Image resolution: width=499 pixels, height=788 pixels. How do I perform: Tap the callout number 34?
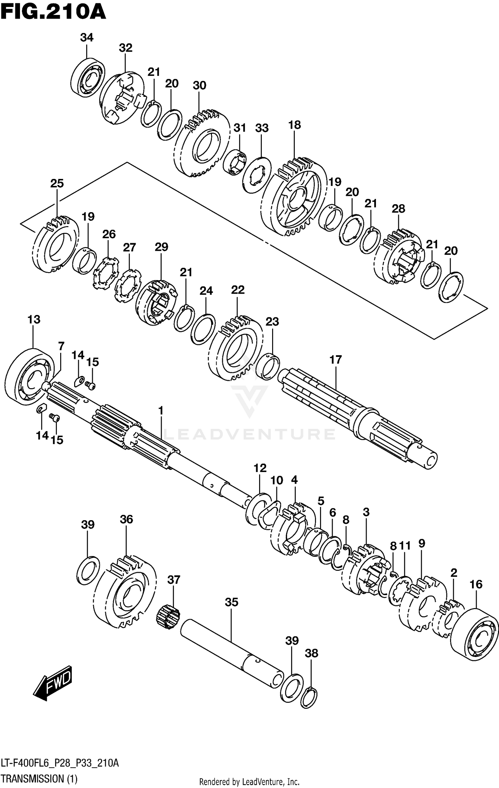click(x=86, y=38)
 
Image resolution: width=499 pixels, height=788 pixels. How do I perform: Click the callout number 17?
click(x=336, y=360)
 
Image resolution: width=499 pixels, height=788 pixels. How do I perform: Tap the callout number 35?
click(x=232, y=602)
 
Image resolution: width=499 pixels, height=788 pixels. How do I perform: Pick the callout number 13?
click(x=34, y=319)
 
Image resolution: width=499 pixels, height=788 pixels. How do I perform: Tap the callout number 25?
click(x=57, y=183)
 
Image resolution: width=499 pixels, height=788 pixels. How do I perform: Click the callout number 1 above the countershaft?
click(x=161, y=411)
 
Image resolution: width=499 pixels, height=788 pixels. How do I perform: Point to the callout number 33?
click(x=262, y=128)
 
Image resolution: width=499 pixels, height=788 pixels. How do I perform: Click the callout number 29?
click(x=161, y=247)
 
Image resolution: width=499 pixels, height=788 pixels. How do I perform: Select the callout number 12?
click(x=260, y=468)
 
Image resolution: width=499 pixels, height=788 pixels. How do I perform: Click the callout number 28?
click(x=398, y=209)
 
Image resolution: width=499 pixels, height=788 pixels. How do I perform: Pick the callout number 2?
click(x=454, y=573)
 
